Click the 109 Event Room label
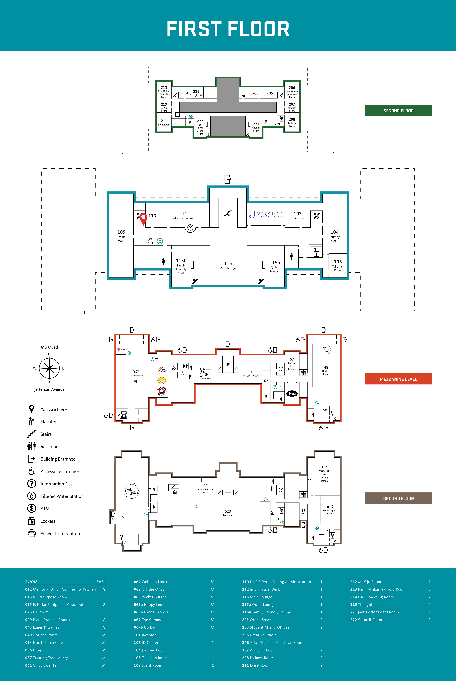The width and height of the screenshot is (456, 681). click(121, 236)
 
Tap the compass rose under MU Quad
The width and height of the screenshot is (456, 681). click(49, 368)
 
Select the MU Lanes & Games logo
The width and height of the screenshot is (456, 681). click(132, 491)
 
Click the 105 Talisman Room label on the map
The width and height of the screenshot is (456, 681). click(338, 265)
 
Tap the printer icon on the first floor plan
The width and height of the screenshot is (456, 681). click(151, 241)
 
